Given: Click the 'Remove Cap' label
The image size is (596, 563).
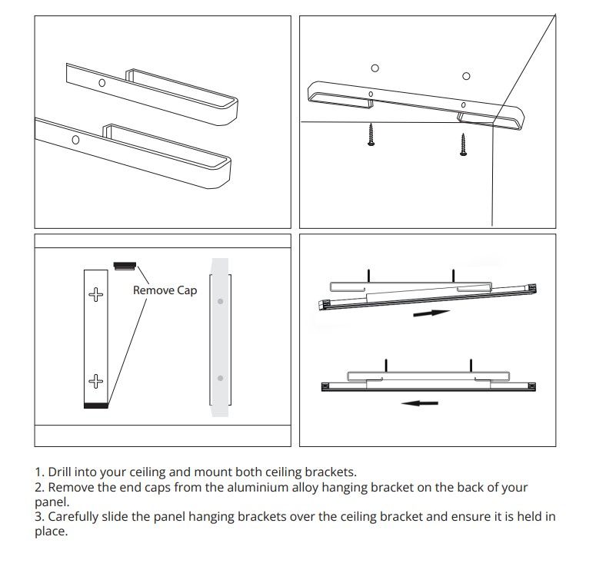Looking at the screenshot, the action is point(165,290).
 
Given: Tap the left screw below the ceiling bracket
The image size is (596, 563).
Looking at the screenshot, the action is point(371,134).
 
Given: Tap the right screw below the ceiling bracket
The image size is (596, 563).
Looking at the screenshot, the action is point(463,144).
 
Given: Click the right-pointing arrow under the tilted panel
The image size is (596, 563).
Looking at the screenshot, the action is point(431,313).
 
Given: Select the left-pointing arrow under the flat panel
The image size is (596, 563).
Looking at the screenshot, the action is point(420,403).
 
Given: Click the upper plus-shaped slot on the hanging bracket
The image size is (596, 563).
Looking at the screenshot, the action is point(95,294).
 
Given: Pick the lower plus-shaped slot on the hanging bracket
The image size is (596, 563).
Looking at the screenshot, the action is point(95,381).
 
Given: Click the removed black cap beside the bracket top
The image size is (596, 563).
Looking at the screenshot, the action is point(125,266).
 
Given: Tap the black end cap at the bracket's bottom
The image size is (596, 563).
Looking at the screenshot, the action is point(96,406).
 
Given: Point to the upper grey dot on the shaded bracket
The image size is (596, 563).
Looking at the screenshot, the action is point(220,301).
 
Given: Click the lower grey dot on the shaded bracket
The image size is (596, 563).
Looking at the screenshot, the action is point(220,378).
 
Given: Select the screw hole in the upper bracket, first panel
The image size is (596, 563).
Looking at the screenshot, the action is point(102,83).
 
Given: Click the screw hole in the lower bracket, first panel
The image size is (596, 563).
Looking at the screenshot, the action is point(75,140).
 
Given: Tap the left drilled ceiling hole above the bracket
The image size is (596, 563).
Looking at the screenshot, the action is point(375,68).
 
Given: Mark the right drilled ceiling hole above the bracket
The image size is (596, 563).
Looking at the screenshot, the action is point(466,76).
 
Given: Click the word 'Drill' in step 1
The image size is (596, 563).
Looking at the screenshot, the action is point(60,472).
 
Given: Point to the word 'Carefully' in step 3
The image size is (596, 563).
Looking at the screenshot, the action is point(73,516).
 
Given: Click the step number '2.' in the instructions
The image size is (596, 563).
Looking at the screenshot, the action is point(39,487).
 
